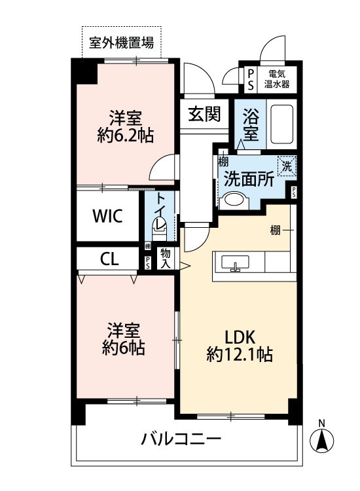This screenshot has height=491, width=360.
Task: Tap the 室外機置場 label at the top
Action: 122,44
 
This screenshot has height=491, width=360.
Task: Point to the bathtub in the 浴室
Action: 282,123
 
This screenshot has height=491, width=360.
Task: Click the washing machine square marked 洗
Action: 287,166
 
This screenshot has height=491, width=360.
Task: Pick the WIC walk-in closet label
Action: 107,217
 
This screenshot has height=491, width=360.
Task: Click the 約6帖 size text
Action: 124,347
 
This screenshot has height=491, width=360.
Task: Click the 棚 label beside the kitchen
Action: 276,230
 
